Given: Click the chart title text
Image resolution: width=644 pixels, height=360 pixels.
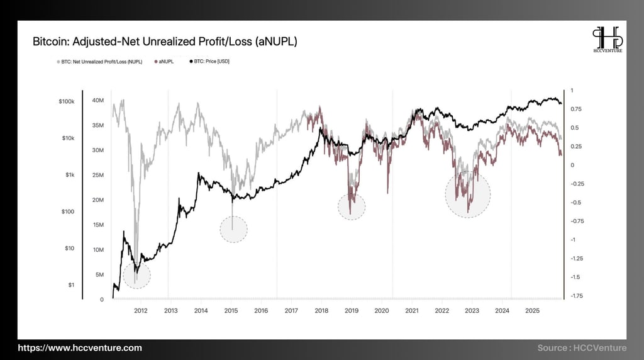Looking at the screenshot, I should point(165,42).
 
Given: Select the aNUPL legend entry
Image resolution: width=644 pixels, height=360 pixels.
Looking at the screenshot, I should point(165,62).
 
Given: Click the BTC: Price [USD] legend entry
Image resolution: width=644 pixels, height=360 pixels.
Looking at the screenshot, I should point(211,62).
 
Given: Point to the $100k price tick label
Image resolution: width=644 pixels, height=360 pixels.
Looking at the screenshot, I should point(66,101).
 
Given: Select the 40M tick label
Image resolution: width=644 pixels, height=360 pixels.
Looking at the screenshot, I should point(97,101).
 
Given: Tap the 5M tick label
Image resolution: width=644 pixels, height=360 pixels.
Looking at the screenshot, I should point(99,274).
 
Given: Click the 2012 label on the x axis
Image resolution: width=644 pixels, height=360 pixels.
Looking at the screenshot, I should point(140,311).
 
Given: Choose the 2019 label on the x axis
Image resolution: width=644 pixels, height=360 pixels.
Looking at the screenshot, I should point(351,311).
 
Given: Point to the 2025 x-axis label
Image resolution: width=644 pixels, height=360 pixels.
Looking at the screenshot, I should point(532,311).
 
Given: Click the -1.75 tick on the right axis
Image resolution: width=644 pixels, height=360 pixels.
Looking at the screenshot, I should point(576,296).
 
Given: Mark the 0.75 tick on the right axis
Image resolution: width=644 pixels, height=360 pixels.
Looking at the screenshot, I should point(576,109).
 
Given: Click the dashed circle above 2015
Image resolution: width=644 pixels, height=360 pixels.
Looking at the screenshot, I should point(233,229).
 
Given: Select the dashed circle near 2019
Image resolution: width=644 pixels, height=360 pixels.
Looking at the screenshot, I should point(352,206).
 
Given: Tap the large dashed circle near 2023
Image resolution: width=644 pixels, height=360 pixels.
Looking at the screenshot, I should point(467,194).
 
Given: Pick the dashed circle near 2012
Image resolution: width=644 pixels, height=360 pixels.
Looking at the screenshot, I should point(136,275).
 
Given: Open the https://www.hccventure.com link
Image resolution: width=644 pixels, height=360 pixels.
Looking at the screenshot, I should point(80,347).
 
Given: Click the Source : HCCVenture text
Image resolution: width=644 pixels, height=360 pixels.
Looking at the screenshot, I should point(582,347).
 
